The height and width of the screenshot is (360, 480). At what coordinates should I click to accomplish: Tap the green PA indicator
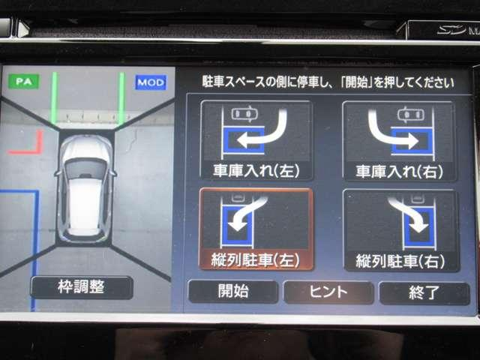[23, 82]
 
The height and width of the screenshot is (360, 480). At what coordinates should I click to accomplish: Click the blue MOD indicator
[151, 82]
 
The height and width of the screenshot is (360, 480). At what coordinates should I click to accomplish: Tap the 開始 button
[233, 291]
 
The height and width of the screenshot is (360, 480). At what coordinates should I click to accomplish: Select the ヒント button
[328, 292]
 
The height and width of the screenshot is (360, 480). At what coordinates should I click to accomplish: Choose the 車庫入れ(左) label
[256, 171]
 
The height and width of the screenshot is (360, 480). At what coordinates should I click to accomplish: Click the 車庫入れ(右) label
[399, 172]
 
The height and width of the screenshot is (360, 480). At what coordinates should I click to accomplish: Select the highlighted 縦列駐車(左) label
[255, 260]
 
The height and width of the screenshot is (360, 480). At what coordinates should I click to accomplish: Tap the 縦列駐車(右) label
[400, 262]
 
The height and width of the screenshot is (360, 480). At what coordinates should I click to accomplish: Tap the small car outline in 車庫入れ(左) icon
[244, 114]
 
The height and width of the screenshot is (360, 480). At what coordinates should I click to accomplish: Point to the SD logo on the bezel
[451, 29]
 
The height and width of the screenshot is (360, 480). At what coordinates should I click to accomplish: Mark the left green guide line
[55, 98]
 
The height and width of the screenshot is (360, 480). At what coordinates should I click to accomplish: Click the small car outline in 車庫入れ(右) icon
[411, 115]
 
